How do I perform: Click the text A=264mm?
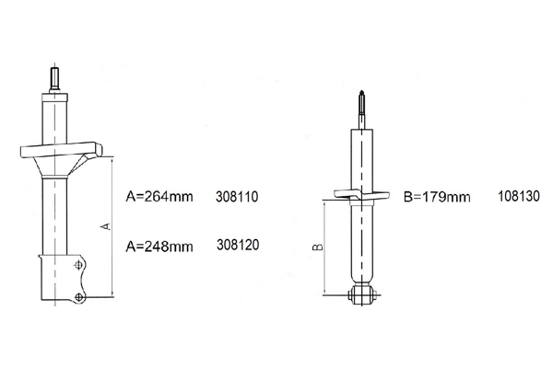[159, 197]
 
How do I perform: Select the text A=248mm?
[159, 247]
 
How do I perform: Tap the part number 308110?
[237, 197]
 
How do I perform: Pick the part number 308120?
[238, 245]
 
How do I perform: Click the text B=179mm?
[437, 197]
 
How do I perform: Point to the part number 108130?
[518, 196]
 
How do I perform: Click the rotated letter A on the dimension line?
[106, 226]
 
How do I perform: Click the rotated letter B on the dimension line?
[318, 247]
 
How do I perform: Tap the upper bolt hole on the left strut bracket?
[79, 265]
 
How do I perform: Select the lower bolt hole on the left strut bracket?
[79, 297]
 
